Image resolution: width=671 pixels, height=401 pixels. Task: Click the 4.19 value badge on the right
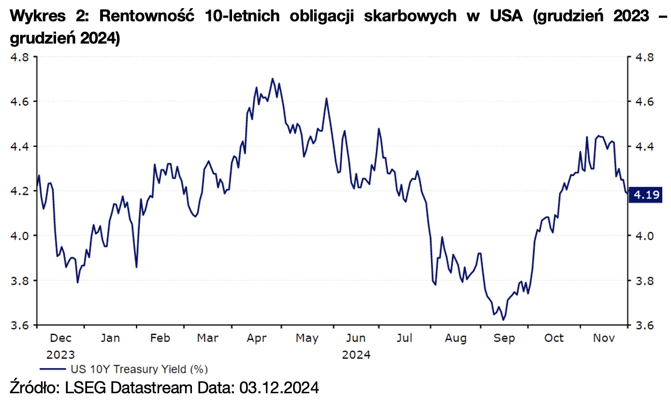click(647, 195)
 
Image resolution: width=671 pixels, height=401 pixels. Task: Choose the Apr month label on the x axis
click(257, 338)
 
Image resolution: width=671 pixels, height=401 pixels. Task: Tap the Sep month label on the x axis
click(504, 338)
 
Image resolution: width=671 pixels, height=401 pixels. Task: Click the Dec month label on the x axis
click(61, 338)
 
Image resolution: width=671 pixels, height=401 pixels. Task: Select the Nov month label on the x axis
click(603, 338)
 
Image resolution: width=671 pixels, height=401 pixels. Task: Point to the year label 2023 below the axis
click(61, 355)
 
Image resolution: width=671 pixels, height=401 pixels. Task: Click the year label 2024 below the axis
click(356, 355)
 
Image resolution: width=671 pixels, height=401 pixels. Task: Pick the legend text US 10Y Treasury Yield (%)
click(139, 370)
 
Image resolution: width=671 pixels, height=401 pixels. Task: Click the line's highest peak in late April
click(273, 78)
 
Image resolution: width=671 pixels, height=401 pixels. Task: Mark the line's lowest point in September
click(503, 320)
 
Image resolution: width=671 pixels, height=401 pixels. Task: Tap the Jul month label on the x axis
click(405, 338)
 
